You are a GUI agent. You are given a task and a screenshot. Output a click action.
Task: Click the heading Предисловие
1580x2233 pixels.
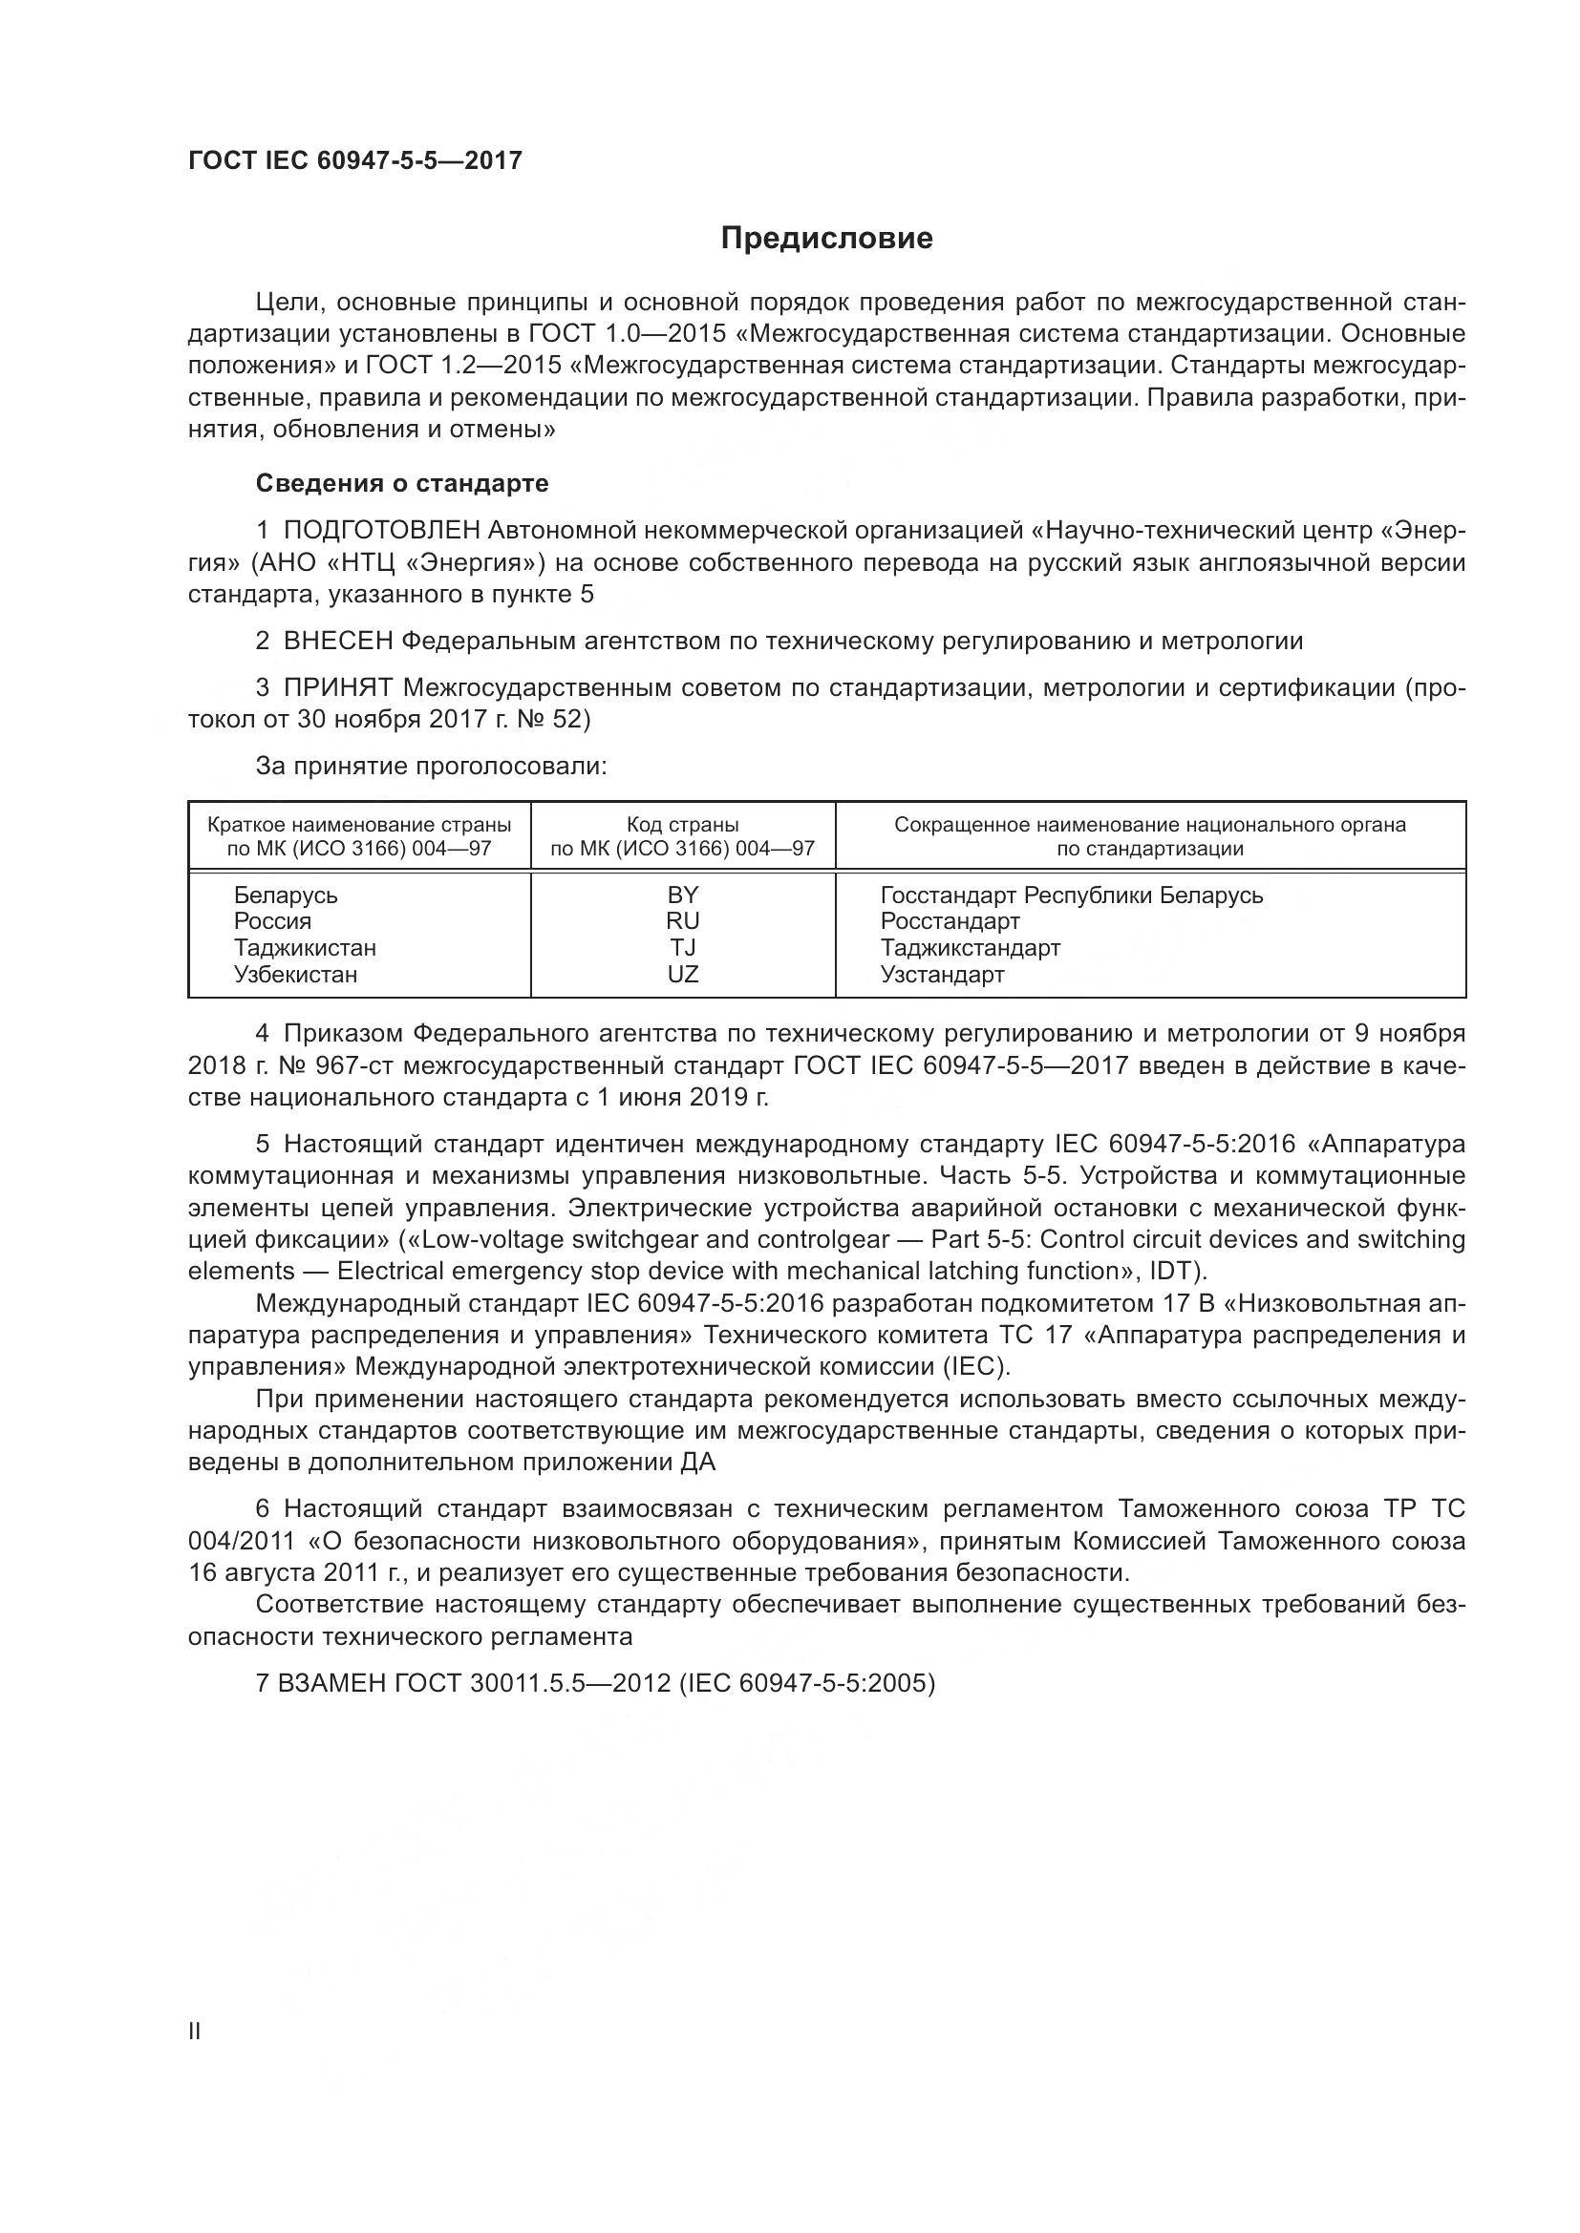(827, 239)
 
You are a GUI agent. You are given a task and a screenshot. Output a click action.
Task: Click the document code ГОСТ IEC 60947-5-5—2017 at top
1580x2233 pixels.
(355, 160)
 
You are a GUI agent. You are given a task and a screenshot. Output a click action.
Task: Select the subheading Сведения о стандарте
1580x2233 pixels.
(402, 483)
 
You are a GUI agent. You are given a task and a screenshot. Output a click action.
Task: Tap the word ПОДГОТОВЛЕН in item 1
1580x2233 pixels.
(381, 530)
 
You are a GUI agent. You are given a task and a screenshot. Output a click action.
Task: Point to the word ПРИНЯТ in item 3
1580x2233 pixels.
(338, 687)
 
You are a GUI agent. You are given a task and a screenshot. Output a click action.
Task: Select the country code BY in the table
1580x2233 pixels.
(683, 895)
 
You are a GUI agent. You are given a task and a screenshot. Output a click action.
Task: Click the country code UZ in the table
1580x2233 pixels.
(683, 975)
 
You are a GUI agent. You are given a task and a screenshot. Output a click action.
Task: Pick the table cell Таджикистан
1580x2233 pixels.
(305, 947)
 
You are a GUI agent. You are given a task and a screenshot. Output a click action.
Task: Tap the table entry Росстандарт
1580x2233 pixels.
(950, 921)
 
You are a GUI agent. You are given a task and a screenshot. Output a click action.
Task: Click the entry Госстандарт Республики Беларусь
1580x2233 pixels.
(1071, 895)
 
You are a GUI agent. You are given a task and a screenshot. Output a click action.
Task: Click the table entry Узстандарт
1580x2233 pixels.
(942, 975)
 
